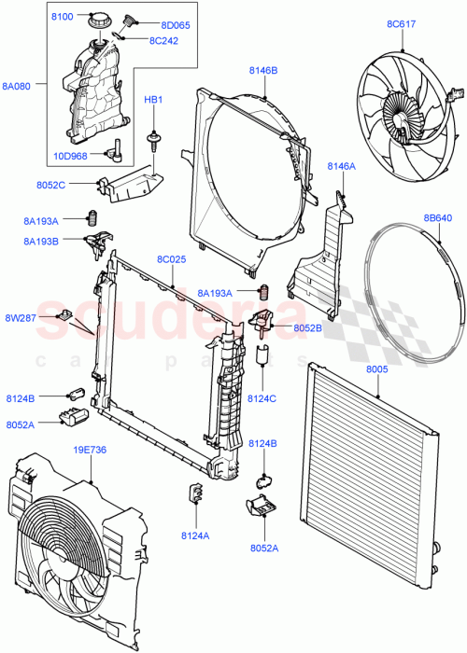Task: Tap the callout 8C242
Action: [165, 40]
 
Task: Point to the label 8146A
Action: [341, 166]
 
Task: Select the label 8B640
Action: [439, 218]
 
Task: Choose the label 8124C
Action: [262, 399]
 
